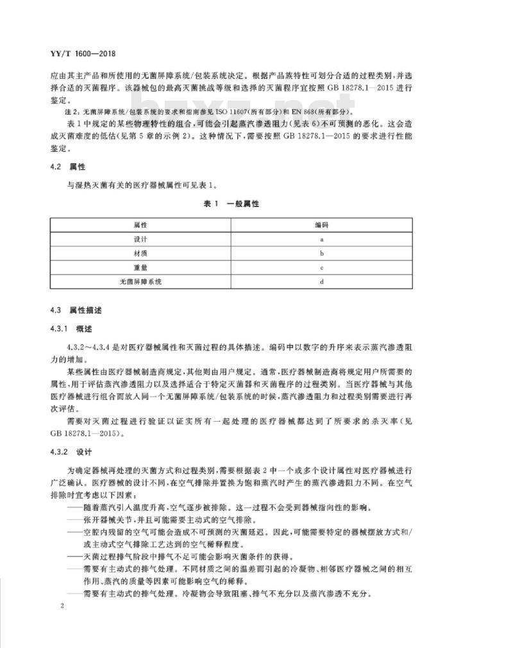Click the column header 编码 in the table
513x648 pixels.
pos(321,225)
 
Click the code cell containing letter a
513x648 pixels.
pos(321,239)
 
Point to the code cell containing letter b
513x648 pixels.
pos(321,253)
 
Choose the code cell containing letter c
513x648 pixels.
pos(321,267)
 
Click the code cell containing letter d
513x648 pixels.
pos(321,281)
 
